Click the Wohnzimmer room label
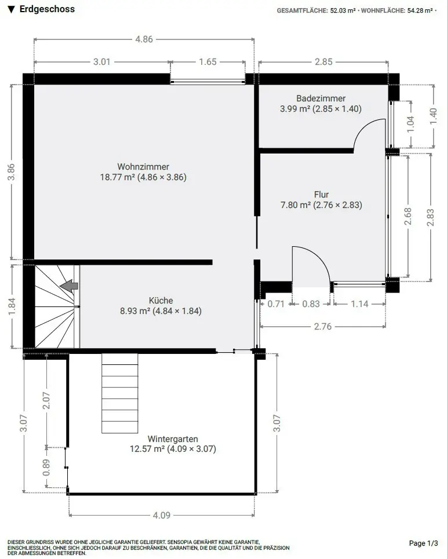pyautogui.click(x=143, y=166)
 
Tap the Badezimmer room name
pyautogui.click(x=321, y=98)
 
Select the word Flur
pyautogui.click(x=321, y=194)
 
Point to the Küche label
pyautogui.click(x=161, y=300)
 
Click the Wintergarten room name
pyautogui.click(x=173, y=439)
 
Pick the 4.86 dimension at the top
pyautogui.click(x=144, y=39)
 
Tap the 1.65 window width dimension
pyautogui.click(x=208, y=61)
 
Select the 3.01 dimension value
pyautogui.click(x=101, y=61)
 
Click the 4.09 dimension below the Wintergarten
pyautogui.click(x=161, y=515)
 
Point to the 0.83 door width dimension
pyautogui.click(x=311, y=304)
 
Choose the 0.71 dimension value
pyautogui.click(x=276, y=304)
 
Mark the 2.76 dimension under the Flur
pyautogui.click(x=322, y=326)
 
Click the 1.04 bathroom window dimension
pyautogui.click(x=410, y=124)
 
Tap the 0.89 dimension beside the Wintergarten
pyautogui.click(x=46, y=467)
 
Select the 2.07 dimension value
pyautogui.click(x=46, y=401)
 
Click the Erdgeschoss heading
pyautogui.click(x=47, y=9)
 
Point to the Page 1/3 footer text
pyautogui.click(x=423, y=543)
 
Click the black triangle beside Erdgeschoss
pyautogui.click(x=12, y=10)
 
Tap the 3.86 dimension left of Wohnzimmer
pyautogui.click(x=12, y=172)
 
